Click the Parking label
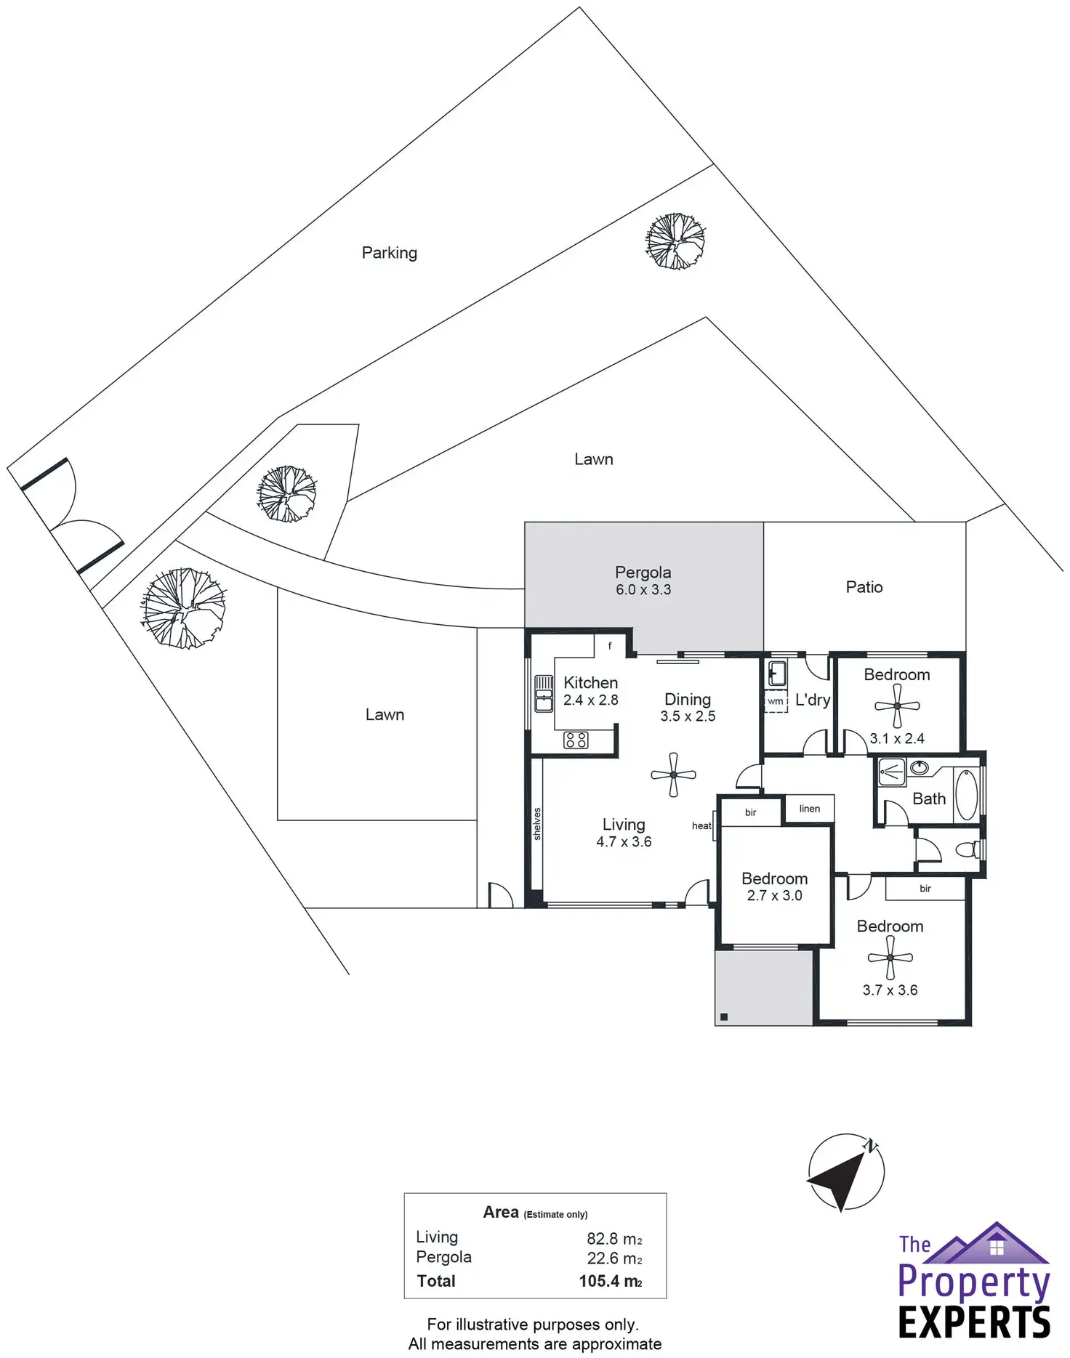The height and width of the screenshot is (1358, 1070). point(390,253)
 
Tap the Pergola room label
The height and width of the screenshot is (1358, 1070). point(643,573)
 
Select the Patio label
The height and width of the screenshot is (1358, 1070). point(864,587)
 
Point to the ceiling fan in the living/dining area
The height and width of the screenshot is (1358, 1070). point(673,775)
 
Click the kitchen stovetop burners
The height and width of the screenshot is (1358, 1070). point(576,740)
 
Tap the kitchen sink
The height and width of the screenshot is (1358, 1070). point(544,693)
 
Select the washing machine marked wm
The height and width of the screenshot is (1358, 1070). point(776,702)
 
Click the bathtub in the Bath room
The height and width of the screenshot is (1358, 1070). point(966,795)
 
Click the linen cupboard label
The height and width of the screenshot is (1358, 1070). point(809,809)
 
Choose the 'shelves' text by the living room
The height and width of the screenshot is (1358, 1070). point(537,824)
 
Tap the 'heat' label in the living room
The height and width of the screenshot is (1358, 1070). point(701,825)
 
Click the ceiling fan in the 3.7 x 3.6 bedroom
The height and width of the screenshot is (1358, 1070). point(890,958)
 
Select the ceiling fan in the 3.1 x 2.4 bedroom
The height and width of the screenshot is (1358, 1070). point(897,706)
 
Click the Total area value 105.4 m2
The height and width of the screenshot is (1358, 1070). point(610,1281)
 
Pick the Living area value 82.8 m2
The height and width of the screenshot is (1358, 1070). point(614,1239)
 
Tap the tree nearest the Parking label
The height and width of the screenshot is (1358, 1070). point(675,241)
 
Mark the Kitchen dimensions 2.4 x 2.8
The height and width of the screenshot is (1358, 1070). point(590,700)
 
